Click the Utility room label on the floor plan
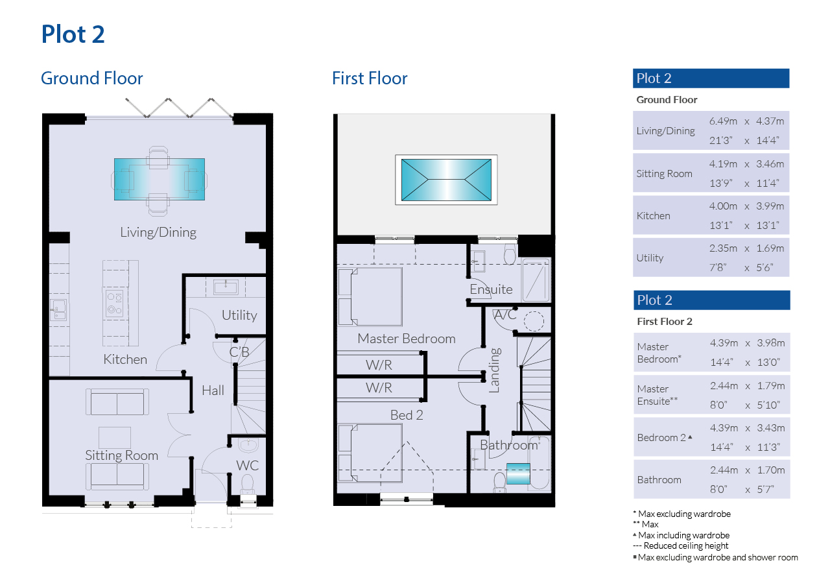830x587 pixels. [239, 315]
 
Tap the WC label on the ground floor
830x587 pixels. [248, 466]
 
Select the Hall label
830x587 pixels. [213, 390]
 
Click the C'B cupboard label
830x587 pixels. [239, 352]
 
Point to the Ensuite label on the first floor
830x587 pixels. [491, 289]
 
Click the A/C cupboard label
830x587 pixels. [505, 315]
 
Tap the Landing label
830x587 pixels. [495, 370]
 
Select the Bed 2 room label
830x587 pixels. [407, 415]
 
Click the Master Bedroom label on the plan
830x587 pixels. [407, 339]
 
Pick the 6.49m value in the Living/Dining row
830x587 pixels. [723, 121]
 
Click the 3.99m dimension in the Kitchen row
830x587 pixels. [770, 206]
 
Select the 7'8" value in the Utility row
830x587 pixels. [718, 267]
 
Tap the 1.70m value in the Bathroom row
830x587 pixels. [771, 470]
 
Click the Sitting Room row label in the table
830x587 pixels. [664, 174]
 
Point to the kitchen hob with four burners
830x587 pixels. [115, 304]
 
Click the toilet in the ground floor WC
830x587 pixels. [247, 485]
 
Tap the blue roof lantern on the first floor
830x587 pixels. [446, 180]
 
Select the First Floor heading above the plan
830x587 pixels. [370, 78]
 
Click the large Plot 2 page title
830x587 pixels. [73, 34]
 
